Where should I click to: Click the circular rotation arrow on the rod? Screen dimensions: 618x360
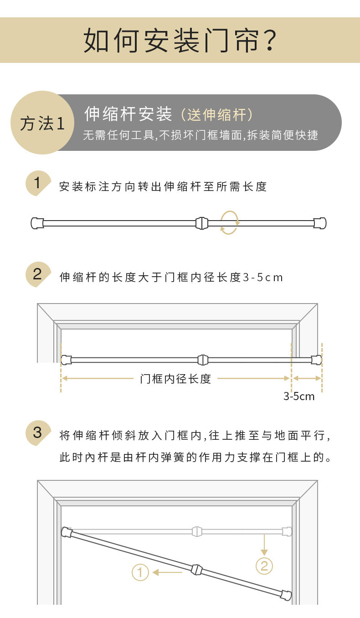(x=229, y=222)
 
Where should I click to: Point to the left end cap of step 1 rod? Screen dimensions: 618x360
(x=37, y=223)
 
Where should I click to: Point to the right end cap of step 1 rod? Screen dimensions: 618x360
(x=320, y=223)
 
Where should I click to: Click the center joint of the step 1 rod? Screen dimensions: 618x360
(x=201, y=223)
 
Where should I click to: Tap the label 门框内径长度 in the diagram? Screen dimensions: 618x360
(x=175, y=378)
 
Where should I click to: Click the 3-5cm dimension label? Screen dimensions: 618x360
(x=299, y=396)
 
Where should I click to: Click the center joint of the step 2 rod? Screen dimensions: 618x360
(x=203, y=360)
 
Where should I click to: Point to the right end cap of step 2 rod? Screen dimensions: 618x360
(x=316, y=360)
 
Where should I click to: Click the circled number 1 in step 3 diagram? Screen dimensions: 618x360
(x=140, y=572)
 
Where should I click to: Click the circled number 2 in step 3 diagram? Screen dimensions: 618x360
(x=264, y=566)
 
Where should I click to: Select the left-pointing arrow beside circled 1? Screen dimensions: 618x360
(x=168, y=572)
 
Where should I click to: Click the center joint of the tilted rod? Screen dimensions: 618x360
(x=196, y=570)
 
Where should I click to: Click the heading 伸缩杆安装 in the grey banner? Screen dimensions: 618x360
(x=128, y=114)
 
